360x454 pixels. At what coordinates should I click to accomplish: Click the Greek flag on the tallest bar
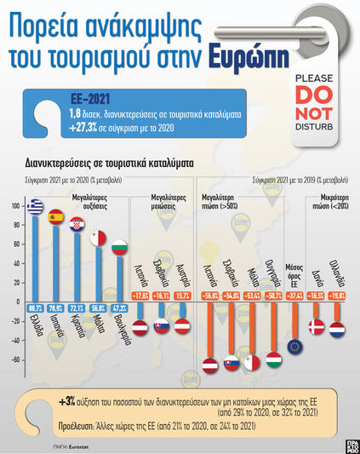pyautogui.click(x=36, y=207)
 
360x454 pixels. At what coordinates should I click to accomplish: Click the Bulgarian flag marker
pyautogui.click(x=119, y=248)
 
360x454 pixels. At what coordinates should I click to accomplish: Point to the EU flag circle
pyautogui.click(x=295, y=346)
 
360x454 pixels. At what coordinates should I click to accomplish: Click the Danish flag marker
pyautogui.click(x=316, y=327)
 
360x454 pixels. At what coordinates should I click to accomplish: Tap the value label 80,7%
pyautogui.click(x=36, y=307)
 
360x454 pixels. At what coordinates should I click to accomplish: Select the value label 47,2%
pyautogui.click(x=119, y=307)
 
